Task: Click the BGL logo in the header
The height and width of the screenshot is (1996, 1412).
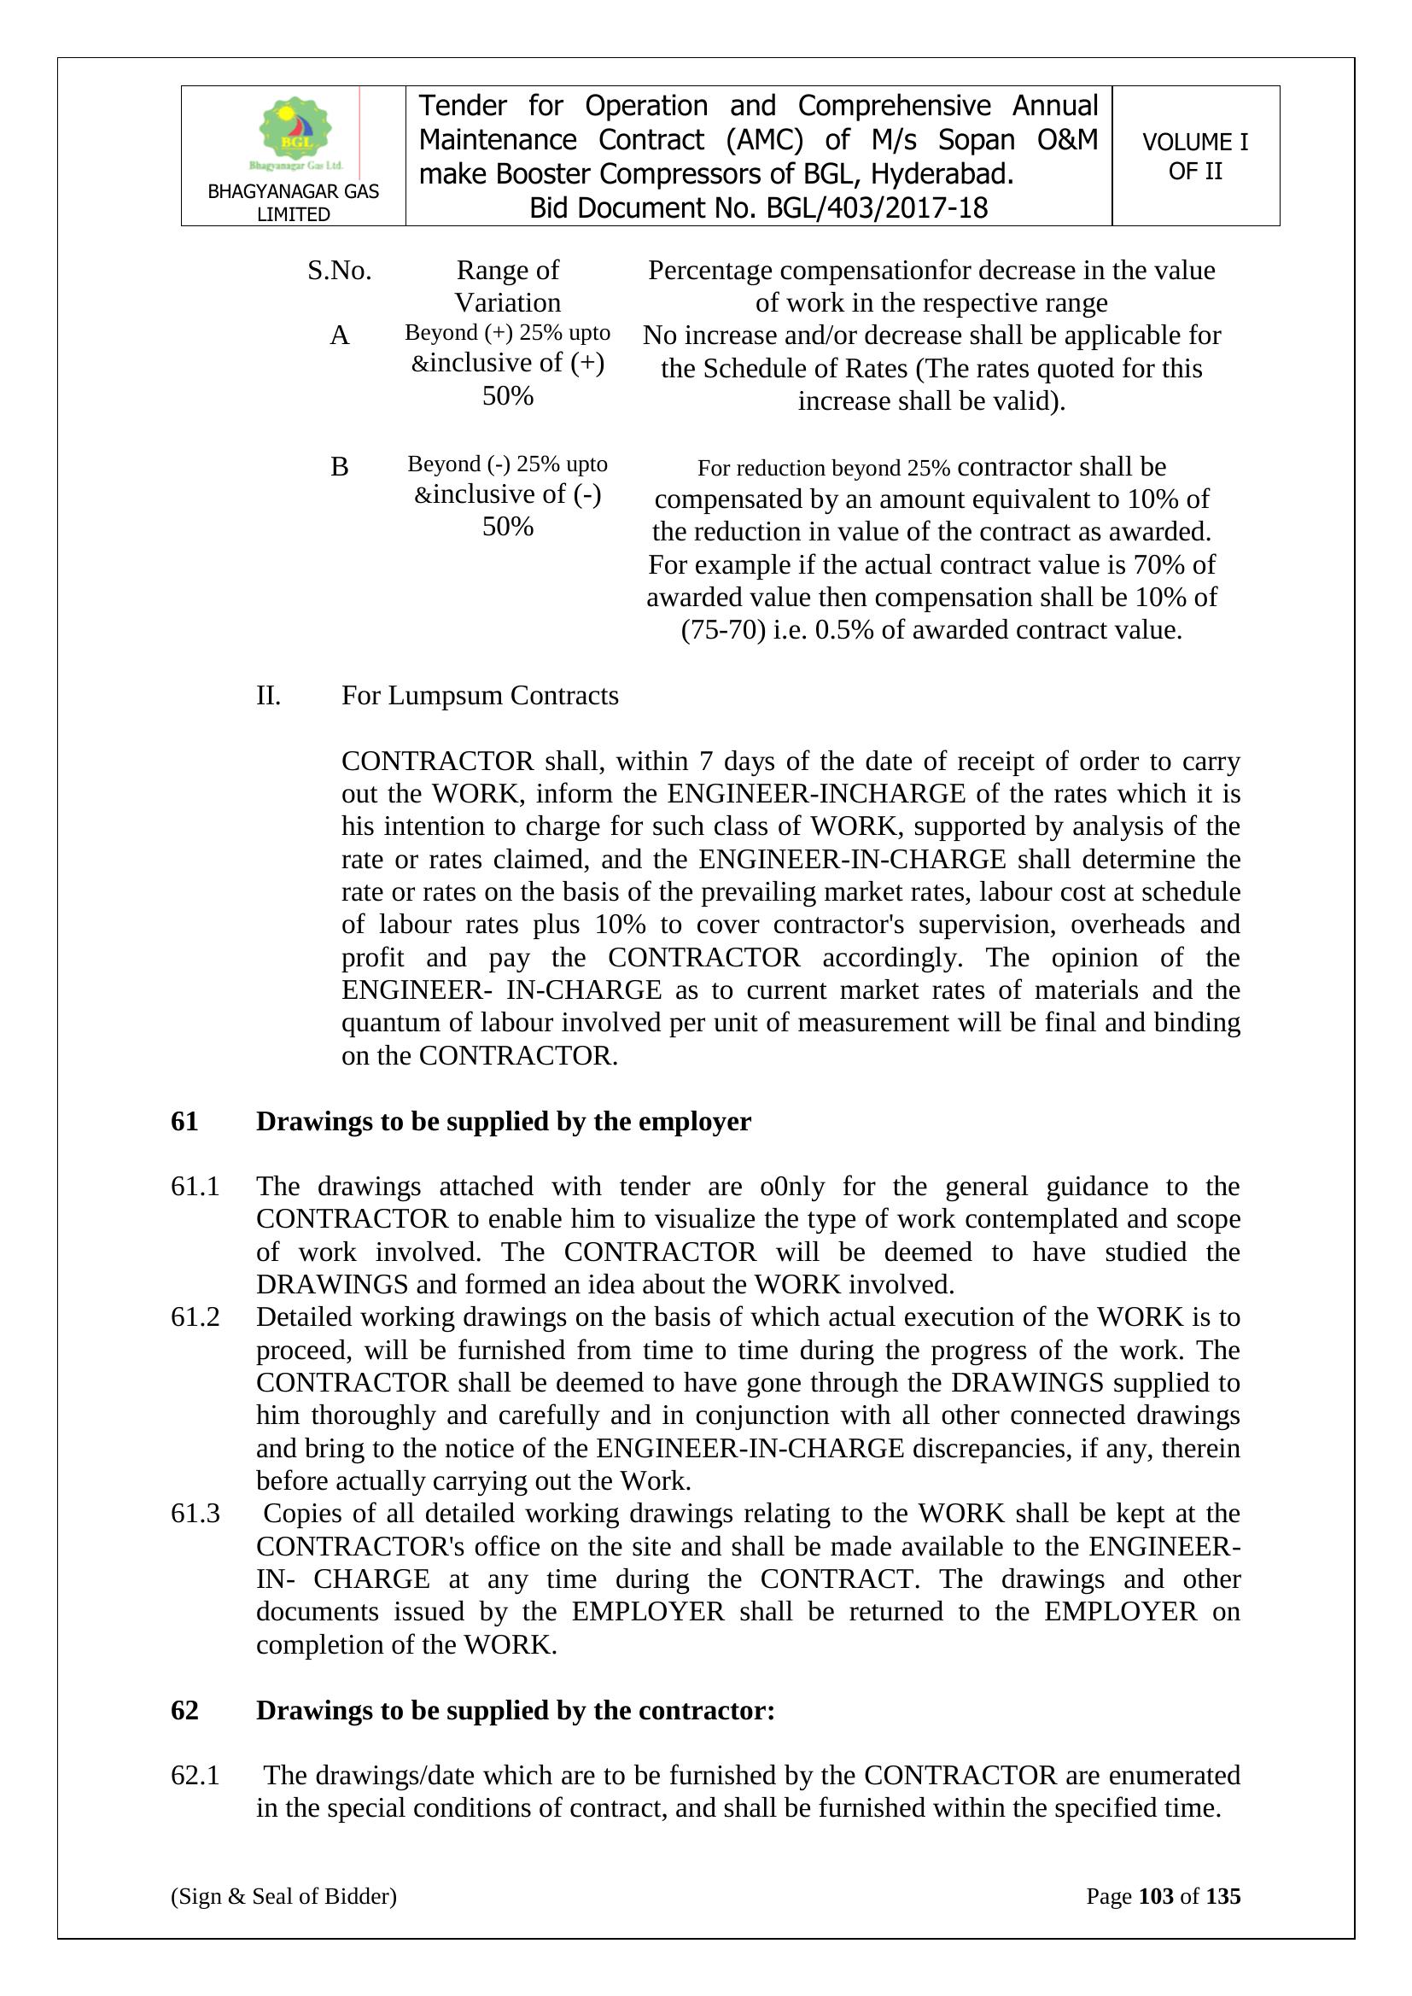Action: [295, 132]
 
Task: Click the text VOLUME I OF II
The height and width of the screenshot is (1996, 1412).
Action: [1194, 156]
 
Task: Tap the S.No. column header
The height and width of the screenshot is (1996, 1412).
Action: [339, 271]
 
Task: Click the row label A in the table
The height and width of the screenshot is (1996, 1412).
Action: [339, 336]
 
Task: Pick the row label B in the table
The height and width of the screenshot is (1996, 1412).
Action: [339, 467]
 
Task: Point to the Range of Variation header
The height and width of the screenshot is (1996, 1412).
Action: [508, 286]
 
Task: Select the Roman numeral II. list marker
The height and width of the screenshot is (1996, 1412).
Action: [269, 696]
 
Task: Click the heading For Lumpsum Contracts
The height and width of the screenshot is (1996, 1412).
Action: [480, 696]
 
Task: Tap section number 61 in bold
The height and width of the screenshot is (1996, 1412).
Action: [184, 1122]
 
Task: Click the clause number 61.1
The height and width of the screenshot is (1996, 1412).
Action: [195, 1187]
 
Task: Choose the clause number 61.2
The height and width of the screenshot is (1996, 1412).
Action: [195, 1317]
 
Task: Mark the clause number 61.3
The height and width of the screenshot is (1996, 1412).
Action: [195, 1514]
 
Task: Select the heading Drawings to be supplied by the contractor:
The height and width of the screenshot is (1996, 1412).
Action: [515, 1710]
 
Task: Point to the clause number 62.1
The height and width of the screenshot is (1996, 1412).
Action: [195, 1775]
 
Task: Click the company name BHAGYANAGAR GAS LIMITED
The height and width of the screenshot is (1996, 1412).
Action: [293, 202]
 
